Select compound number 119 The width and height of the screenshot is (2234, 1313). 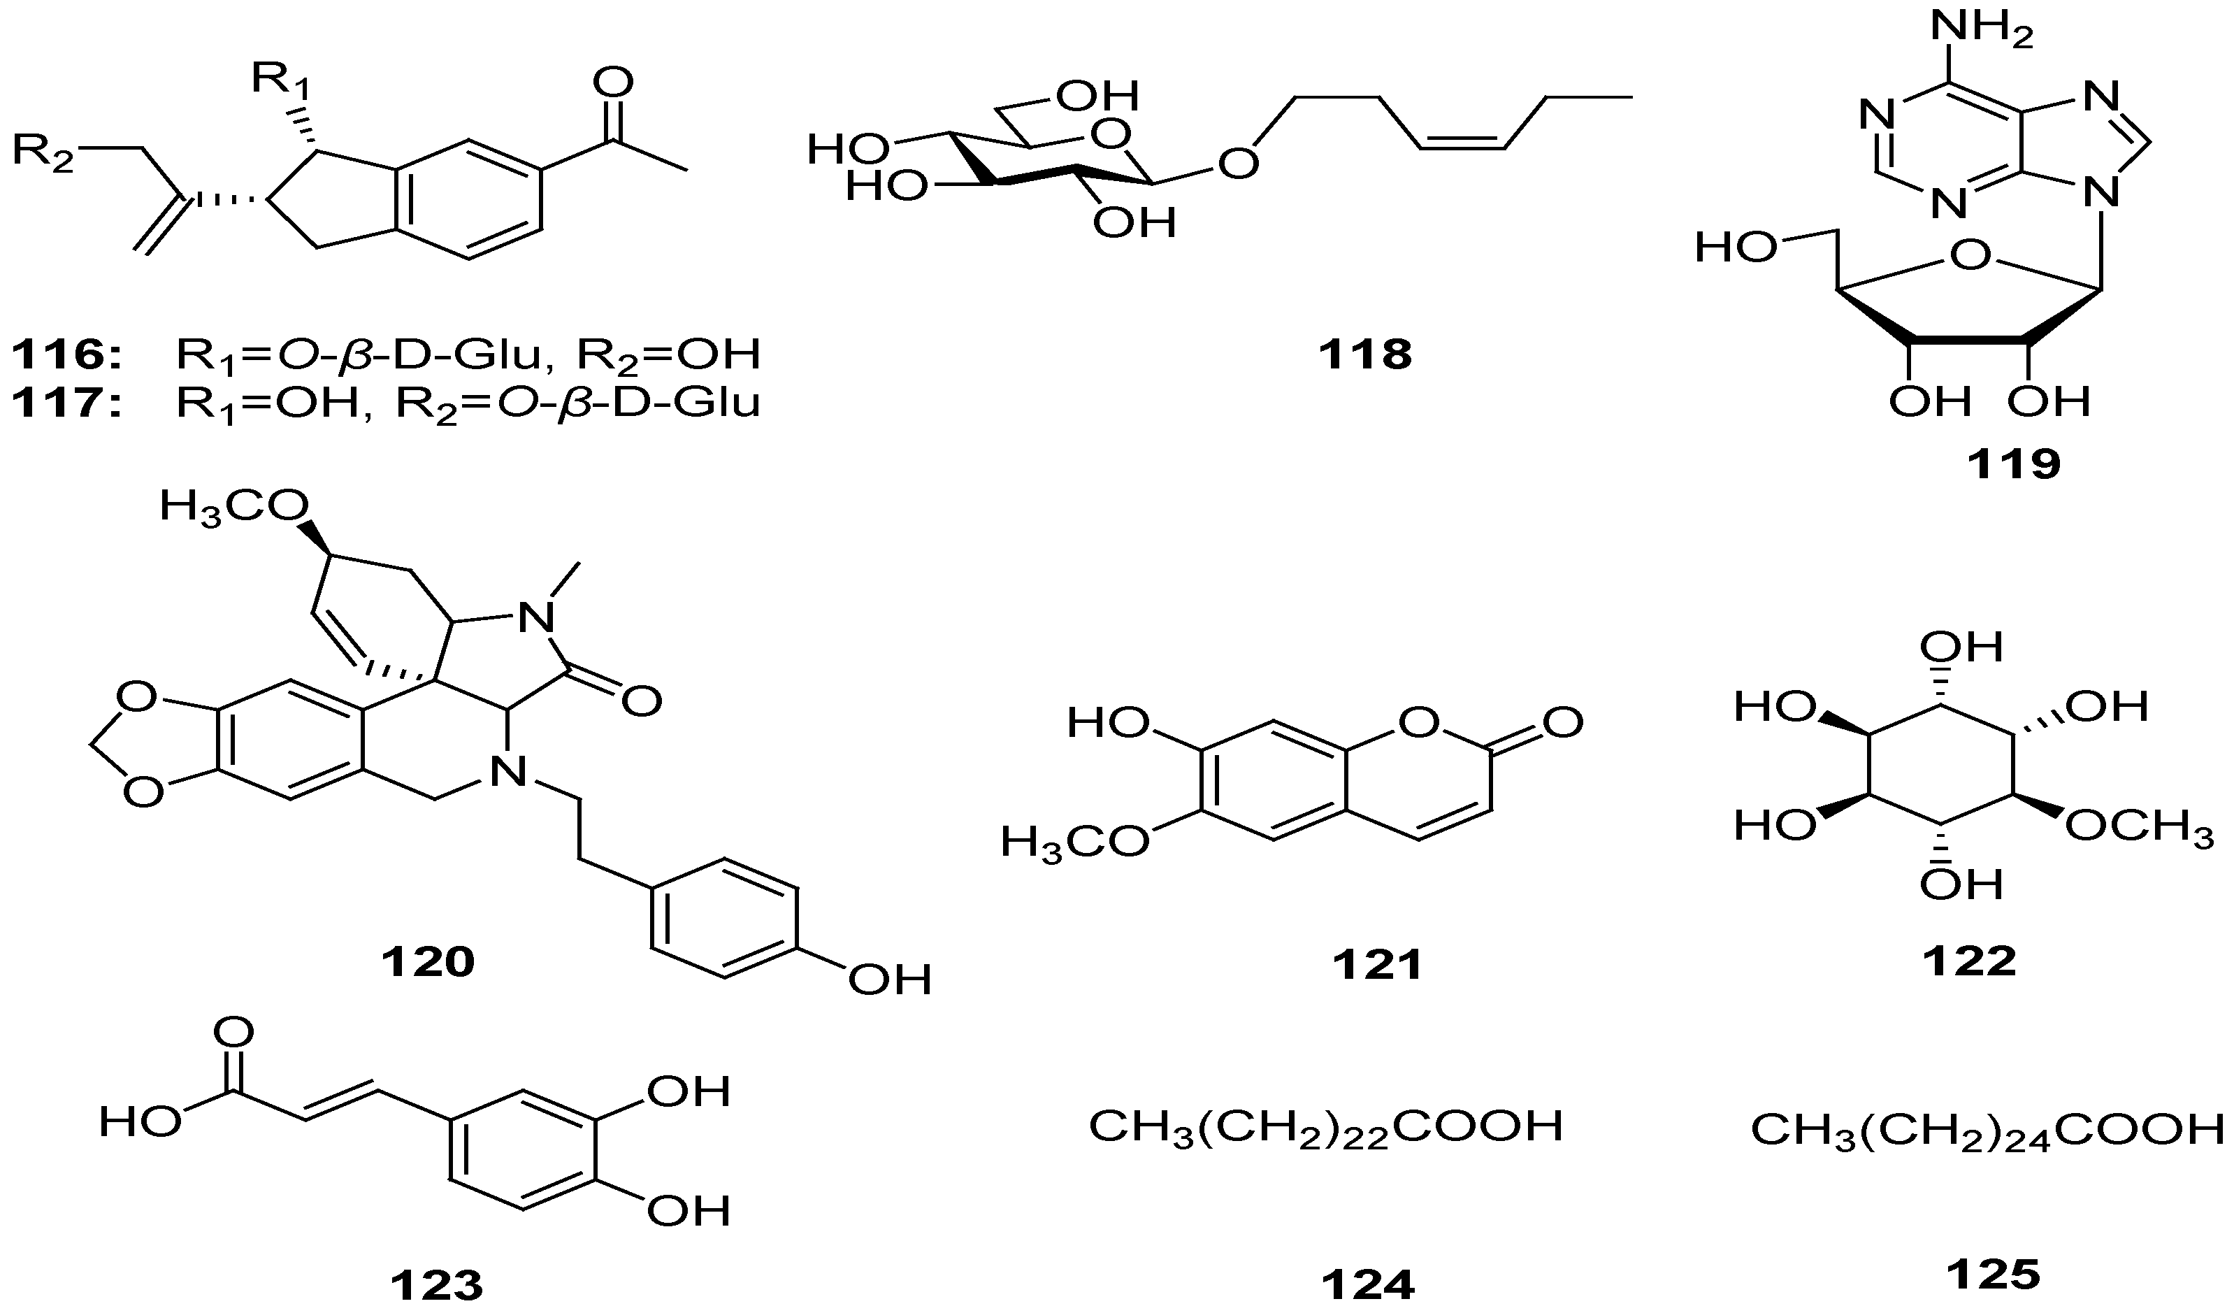pos(2014,464)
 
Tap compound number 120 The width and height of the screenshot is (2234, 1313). pos(428,961)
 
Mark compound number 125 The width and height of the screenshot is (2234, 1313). pos(1993,1275)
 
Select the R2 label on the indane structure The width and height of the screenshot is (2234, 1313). pos(43,152)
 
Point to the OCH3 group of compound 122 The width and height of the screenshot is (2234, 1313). pos(2139,827)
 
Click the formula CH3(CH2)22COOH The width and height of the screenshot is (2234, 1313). pos(1325,1128)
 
